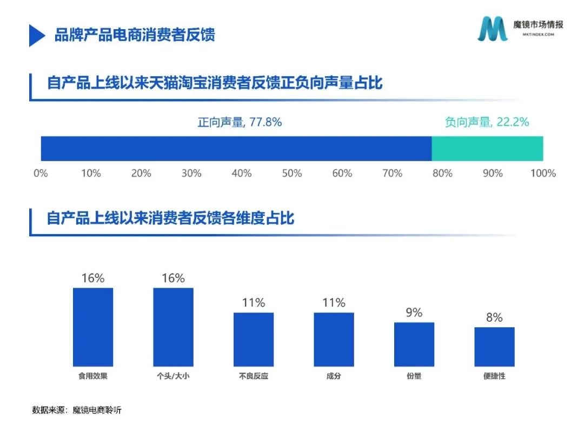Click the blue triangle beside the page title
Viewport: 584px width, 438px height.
click(x=36, y=35)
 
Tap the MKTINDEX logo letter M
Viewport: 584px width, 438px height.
click(x=492, y=29)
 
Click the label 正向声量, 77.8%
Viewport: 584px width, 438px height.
click(x=240, y=122)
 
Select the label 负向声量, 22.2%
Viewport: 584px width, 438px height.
click(x=487, y=122)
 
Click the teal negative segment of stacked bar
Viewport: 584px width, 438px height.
click(x=487, y=149)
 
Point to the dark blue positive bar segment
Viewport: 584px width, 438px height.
click(x=236, y=149)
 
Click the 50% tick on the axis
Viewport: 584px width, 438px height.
click(x=291, y=174)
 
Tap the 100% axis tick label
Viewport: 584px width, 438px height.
click(x=543, y=174)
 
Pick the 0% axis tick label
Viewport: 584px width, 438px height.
click(x=41, y=174)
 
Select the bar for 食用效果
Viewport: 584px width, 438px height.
click(x=93, y=327)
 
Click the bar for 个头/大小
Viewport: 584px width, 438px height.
click(x=173, y=327)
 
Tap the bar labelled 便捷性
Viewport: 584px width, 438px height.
click(x=494, y=347)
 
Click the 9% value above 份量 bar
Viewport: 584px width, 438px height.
click(x=414, y=313)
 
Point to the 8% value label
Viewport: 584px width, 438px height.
click(x=494, y=317)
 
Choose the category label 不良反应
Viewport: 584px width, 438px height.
click(x=253, y=376)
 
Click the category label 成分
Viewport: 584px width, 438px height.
click(x=334, y=376)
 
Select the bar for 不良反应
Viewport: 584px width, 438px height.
click(x=253, y=340)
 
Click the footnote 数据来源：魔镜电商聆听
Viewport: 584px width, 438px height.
click(x=77, y=410)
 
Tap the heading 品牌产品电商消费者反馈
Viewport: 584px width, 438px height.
click(x=135, y=35)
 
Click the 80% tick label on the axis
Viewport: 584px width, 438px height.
click(x=442, y=174)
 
